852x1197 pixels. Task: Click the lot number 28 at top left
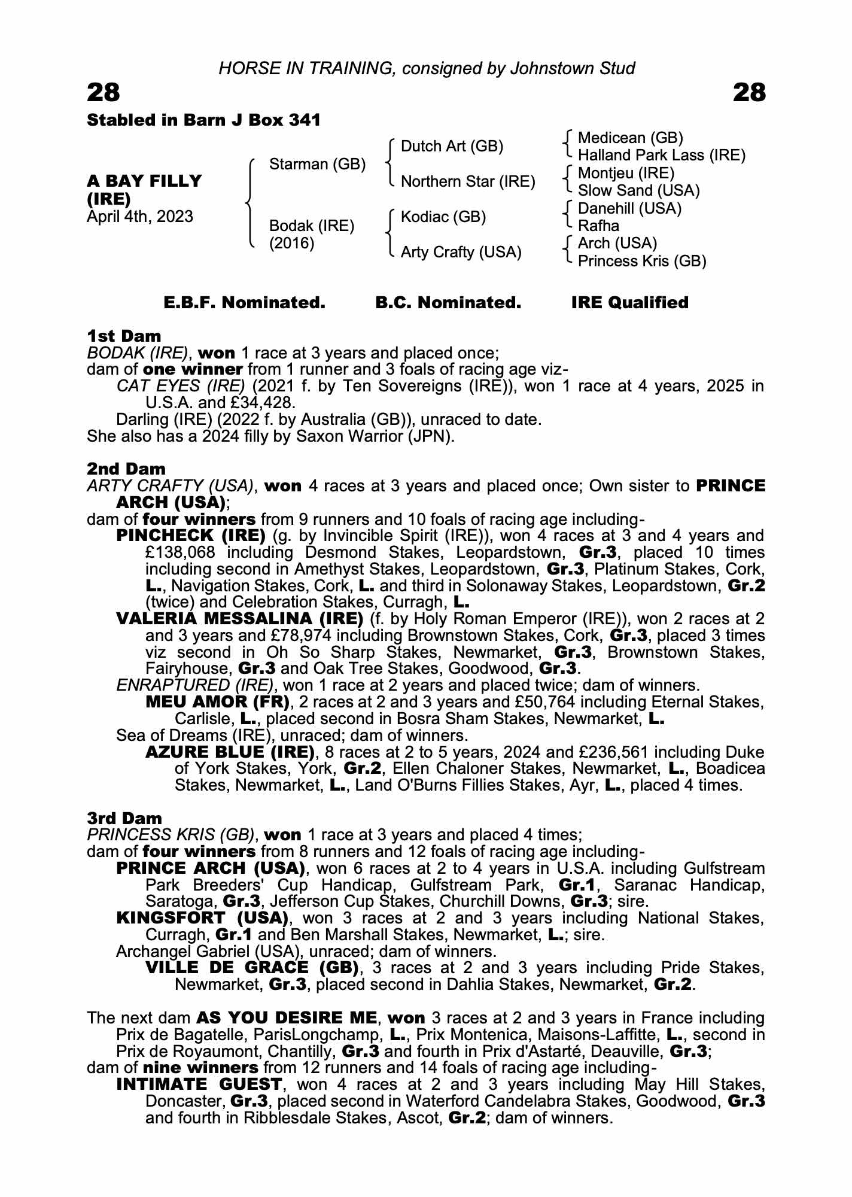click(x=104, y=93)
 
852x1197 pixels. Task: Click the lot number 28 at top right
click(x=748, y=93)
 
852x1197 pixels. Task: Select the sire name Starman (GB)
click(x=317, y=164)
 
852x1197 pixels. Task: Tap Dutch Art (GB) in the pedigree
click(x=452, y=146)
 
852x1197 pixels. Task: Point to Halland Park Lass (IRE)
click(x=662, y=156)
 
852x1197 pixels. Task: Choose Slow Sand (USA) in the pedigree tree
click(x=638, y=190)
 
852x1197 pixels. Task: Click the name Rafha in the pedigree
click(x=598, y=226)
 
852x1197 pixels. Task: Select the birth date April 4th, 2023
click(x=140, y=216)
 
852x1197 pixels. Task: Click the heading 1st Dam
click(x=124, y=336)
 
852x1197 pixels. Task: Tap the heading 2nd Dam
click(x=126, y=469)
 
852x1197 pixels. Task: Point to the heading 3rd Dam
click(x=124, y=818)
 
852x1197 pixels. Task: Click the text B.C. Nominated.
click(x=448, y=303)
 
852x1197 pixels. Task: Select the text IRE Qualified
click(x=629, y=303)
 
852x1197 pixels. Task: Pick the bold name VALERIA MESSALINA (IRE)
click(x=239, y=618)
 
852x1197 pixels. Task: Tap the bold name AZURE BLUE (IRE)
click(x=230, y=752)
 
